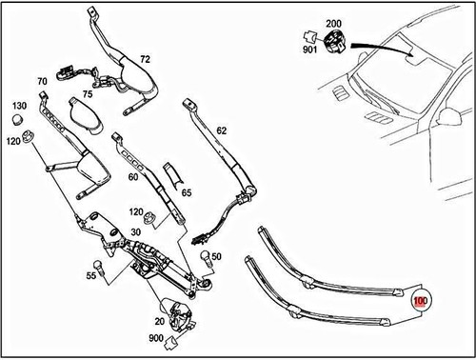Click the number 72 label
(x=145, y=59)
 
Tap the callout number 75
(x=87, y=94)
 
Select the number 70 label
(x=42, y=81)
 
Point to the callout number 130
(x=19, y=106)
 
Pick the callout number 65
(x=187, y=193)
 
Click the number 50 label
(x=216, y=257)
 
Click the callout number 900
(x=155, y=339)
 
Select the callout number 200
(x=333, y=22)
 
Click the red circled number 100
(x=420, y=301)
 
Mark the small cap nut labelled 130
(x=18, y=120)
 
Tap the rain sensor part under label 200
(x=334, y=41)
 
